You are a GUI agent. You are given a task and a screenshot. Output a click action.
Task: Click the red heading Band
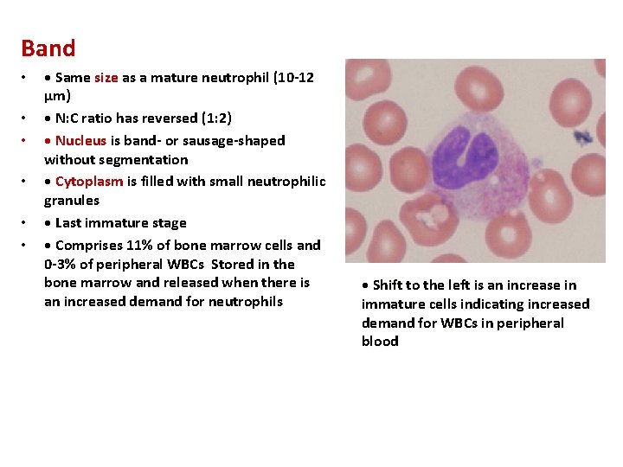tap(48, 48)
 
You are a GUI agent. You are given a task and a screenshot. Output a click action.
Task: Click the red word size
tap(106, 78)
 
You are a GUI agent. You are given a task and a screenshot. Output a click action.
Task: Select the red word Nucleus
tap(80, 140)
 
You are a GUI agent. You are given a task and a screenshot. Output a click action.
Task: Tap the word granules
tap(72, 200)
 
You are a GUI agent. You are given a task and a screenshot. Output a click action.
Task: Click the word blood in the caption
tap(380, 342)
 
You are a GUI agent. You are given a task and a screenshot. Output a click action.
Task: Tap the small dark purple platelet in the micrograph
tap(581, 137)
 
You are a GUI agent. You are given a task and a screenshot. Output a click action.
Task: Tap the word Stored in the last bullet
tap(231, 265)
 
